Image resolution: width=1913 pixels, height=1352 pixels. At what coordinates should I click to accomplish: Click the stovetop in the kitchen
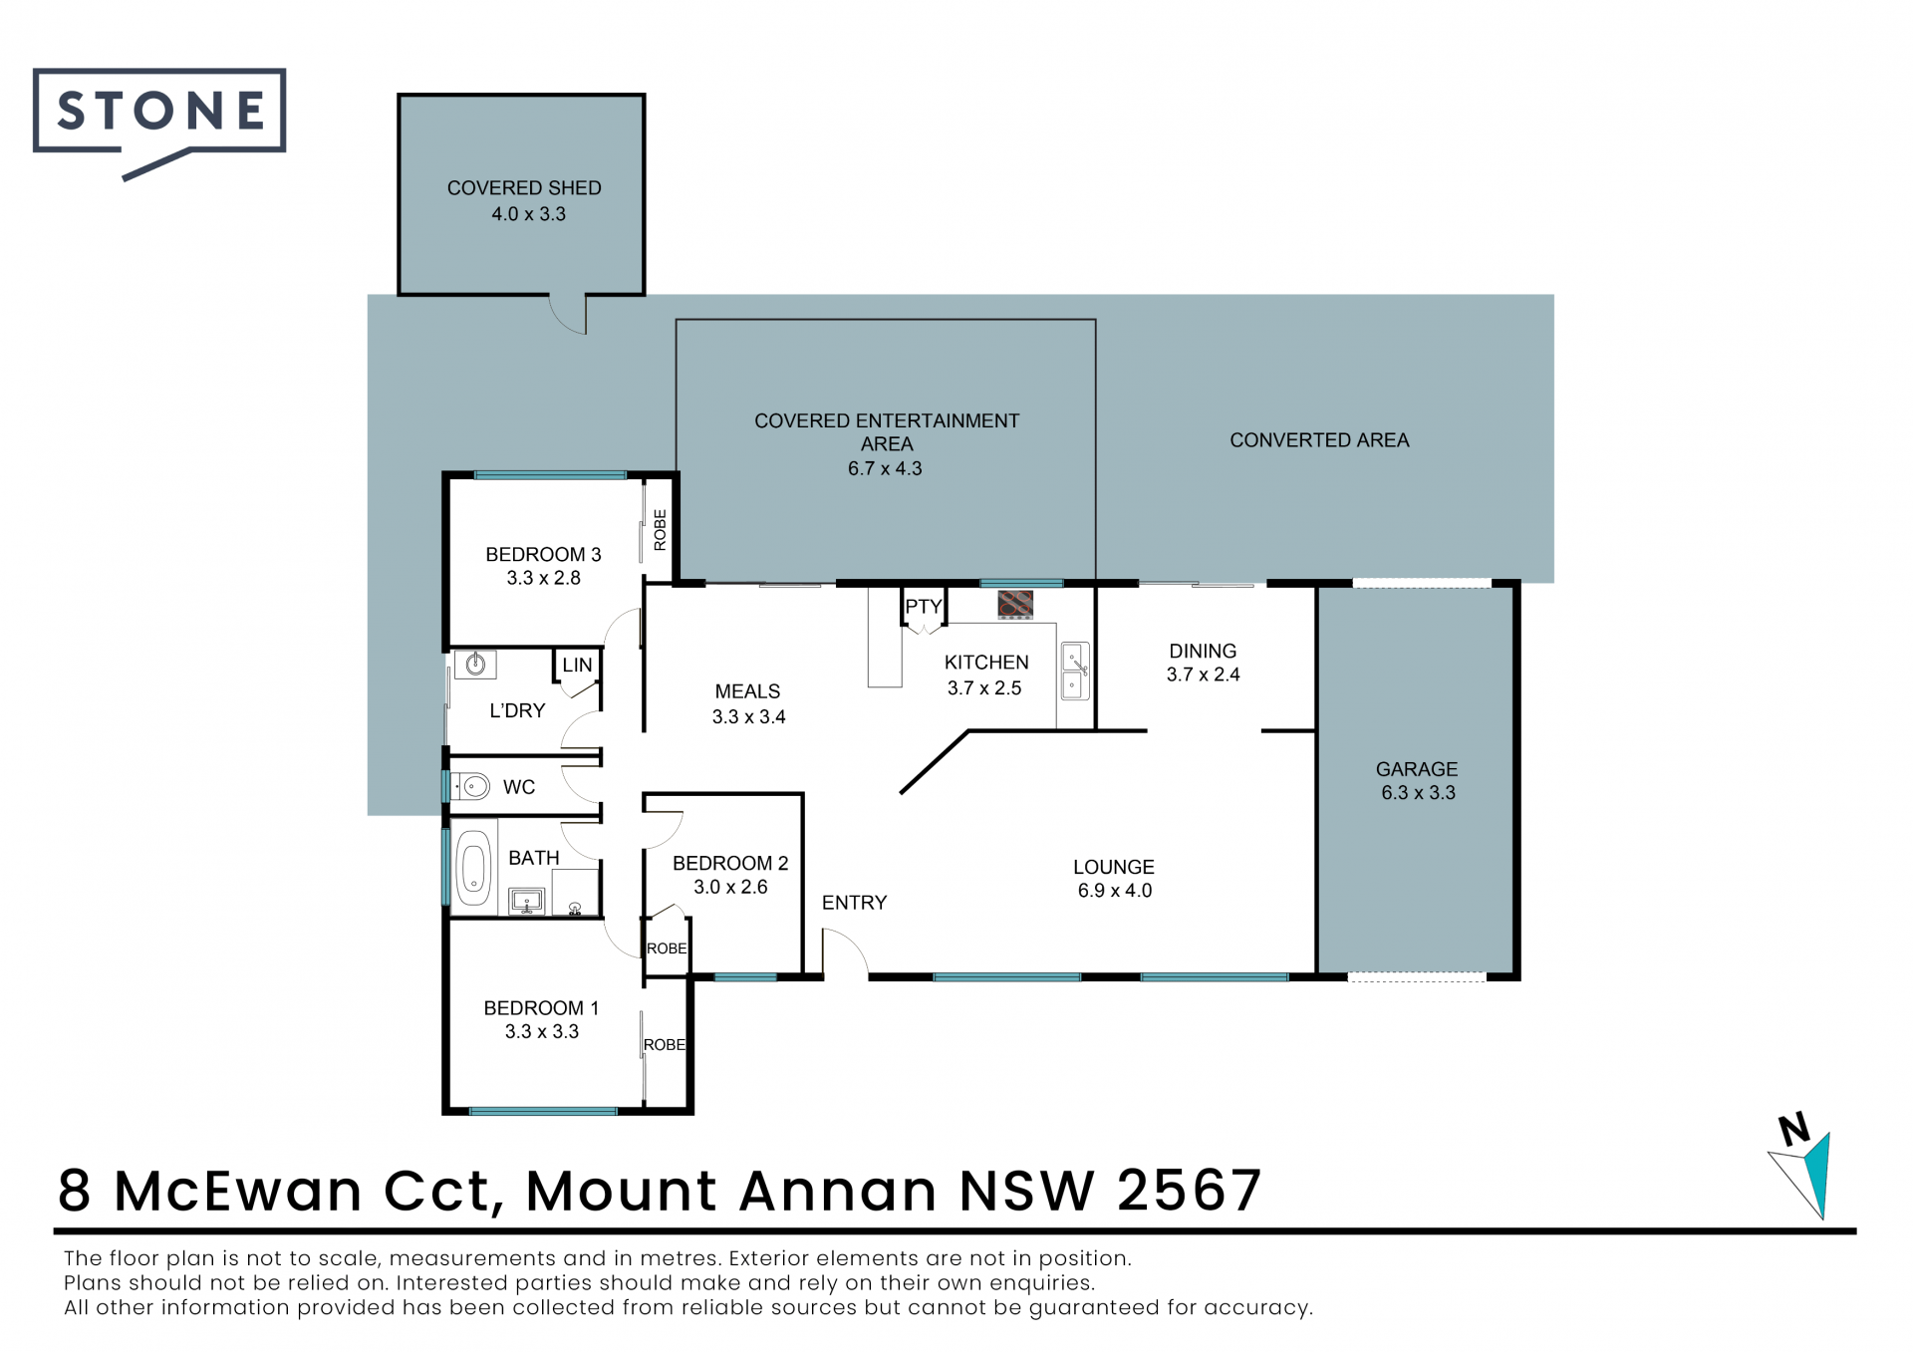coord(1015,604)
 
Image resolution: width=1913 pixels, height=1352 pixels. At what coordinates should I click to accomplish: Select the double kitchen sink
coord(1074,671)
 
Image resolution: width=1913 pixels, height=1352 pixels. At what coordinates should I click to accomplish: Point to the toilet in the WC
coord(471,787)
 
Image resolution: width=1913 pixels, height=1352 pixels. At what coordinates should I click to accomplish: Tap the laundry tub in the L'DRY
coord(475,664)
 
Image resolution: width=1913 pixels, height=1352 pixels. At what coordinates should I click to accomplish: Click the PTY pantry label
coord(923,607)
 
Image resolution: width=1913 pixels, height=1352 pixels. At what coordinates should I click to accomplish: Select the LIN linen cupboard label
coord(577,666)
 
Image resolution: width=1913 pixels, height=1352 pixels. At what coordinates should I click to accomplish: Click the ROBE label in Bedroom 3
coord(660,529)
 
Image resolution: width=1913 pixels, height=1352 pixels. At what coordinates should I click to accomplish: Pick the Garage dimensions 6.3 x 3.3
coord(1418,793)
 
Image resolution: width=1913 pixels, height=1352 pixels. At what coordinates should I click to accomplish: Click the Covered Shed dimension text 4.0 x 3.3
coord(528,214)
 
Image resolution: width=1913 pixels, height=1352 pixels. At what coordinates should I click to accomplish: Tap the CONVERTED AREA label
coord(1319,440)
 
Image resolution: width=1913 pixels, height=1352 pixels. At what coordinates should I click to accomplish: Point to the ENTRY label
coord(854,903)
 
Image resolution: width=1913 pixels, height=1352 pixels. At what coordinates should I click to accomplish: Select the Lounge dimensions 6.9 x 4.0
coord(1115,891)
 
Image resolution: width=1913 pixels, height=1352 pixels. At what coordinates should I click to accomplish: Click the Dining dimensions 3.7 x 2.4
coord(1204,675)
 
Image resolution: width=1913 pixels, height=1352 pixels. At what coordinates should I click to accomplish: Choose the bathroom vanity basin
coord(526,902)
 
